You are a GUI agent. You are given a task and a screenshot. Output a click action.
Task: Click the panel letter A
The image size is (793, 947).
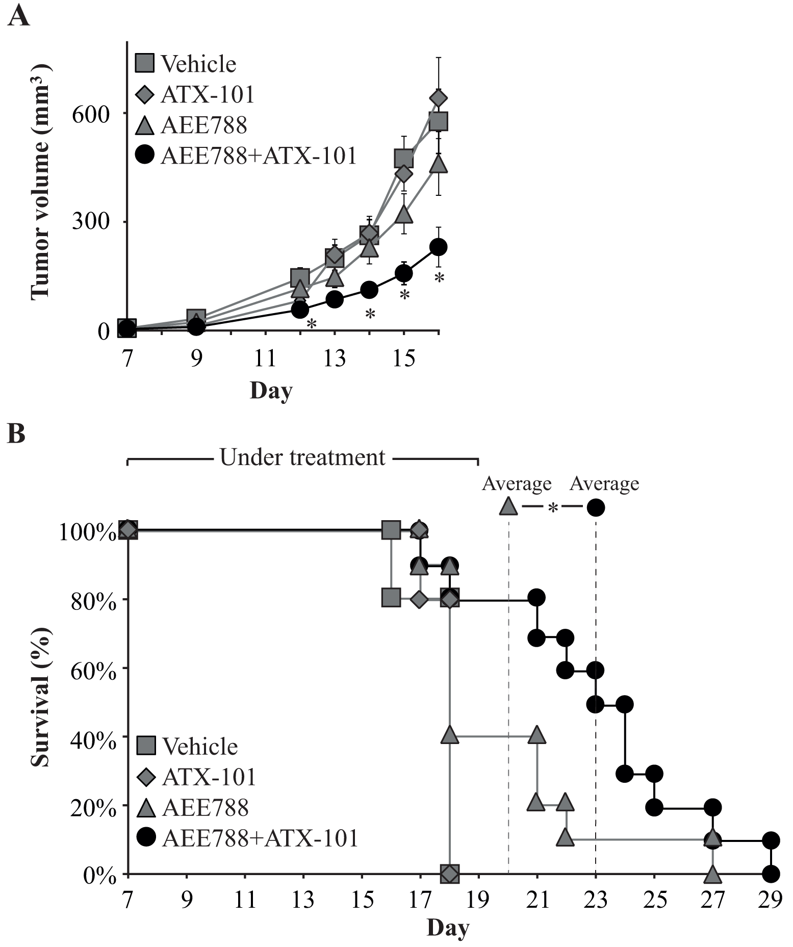(18, 17)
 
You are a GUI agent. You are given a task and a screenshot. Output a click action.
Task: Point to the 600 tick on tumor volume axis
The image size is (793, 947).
(91, 114)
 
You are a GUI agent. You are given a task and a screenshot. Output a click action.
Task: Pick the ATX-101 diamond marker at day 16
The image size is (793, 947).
(439, 97)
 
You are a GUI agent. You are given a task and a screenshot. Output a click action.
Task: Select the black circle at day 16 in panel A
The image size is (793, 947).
(439, 247)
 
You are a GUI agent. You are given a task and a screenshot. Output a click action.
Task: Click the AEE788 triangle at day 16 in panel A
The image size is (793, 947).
(439, 164)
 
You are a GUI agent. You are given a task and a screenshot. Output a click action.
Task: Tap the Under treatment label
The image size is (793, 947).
(302, 457)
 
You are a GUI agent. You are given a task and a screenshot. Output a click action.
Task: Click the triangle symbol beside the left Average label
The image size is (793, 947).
(508, 506)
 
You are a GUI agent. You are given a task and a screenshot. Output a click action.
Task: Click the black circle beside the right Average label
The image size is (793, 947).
(596, 507)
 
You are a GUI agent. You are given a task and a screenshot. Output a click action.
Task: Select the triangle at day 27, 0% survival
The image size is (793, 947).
(712, 875)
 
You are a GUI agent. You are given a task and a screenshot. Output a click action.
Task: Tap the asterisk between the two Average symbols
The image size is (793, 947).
(553, 508)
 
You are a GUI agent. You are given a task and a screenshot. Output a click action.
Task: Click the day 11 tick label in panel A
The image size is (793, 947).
(265, 359)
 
